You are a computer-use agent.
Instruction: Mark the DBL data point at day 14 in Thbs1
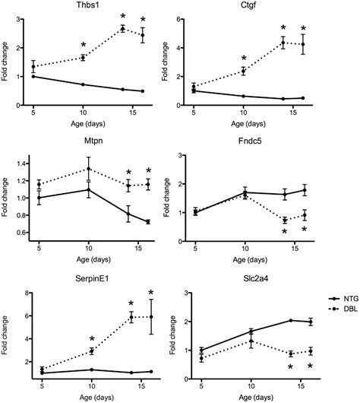pyautogui.click(x=123, y=29)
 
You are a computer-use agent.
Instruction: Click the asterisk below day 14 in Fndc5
pyautogui.click(x=285, y=231)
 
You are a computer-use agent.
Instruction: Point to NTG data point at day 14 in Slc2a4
pyautogui.click(x=290, y=320)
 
